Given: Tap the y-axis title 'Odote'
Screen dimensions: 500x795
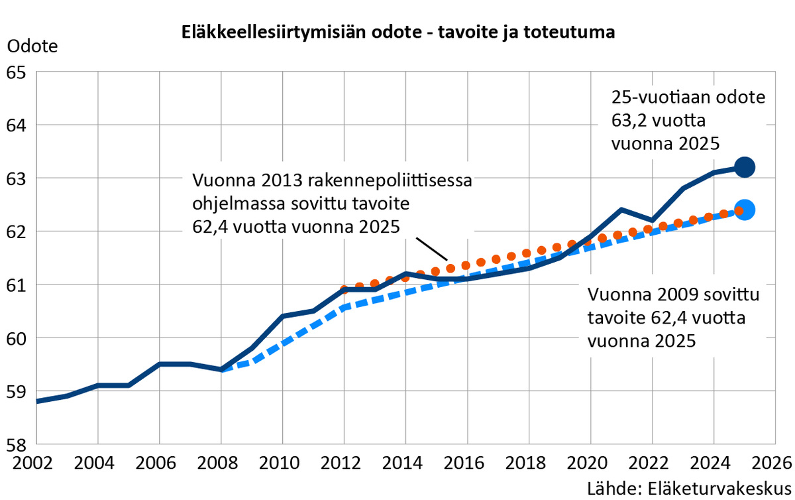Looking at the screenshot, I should coord(32,47).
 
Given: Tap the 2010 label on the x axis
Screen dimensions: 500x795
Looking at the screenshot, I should coord(283,462).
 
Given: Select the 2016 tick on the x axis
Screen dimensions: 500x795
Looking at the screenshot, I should coord(468,462).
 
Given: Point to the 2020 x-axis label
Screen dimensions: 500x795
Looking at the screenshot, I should coord(591,462).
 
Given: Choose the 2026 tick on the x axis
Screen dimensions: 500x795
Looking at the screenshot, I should coord(775,462).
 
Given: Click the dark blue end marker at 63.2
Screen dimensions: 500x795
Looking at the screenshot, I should coord(744,167).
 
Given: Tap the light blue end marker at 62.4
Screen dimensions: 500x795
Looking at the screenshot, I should coord(744,210).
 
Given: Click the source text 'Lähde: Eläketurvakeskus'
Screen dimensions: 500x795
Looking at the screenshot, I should coord(690,487).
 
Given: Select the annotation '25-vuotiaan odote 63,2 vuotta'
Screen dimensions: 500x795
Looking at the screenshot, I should coord(687,121).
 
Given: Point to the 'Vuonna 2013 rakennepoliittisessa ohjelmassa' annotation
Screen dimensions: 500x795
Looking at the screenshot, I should coord(331,204).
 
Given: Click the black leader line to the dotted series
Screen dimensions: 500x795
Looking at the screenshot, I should coord(433,249).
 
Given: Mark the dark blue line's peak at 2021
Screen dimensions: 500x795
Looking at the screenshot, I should coord(621,210).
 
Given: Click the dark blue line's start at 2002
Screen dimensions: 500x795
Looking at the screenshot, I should coord(37,401).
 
